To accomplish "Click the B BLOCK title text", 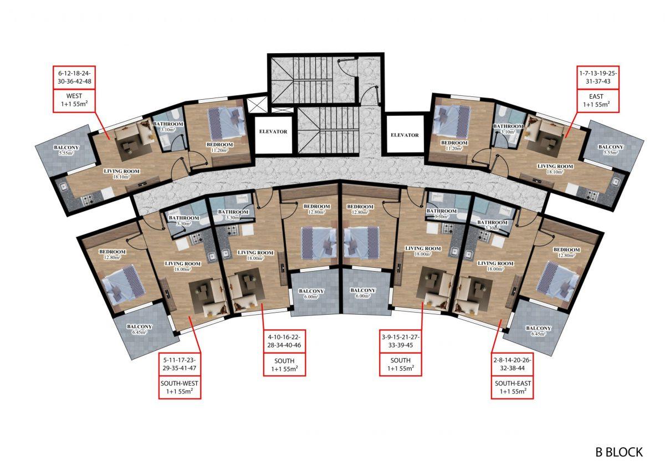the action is (619, 452).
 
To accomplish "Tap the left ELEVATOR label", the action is (273, 131).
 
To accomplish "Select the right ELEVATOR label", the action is (405, 135).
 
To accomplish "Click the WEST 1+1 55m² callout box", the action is (74, 100).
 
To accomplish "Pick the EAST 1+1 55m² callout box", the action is (598, 100).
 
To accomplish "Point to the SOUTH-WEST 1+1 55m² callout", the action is (180, 387).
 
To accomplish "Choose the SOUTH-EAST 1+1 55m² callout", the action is (513, 387).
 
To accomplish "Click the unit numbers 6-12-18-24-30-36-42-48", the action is (74, 77).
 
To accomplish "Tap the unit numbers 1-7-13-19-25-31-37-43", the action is (598, 77).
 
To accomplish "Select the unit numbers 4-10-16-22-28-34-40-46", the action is (284, 341).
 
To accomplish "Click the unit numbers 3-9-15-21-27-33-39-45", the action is (401, 341).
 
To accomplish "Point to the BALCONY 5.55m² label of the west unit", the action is (66, 150).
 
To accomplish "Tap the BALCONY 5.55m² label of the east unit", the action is (611, 149).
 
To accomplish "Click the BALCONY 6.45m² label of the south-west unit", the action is (139, 329).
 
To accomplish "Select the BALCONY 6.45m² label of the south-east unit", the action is (538, 331).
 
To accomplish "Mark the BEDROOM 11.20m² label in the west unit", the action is (219, 147).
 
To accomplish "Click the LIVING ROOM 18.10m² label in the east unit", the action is (555, 168).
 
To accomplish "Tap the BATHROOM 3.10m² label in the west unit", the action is (168, 126).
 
